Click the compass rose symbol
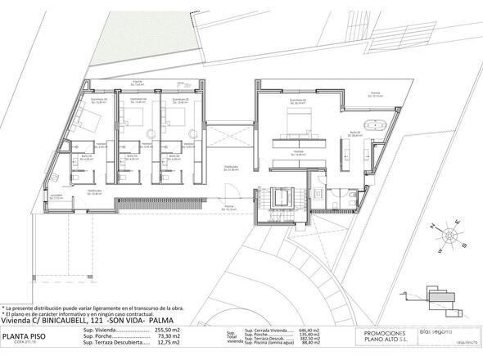449,237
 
